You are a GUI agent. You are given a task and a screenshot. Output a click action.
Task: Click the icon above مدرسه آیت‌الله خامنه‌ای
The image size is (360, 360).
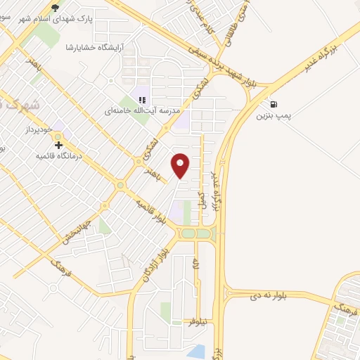coord(143,101)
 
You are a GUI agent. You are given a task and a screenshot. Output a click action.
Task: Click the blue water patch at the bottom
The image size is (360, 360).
coord(198,350)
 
